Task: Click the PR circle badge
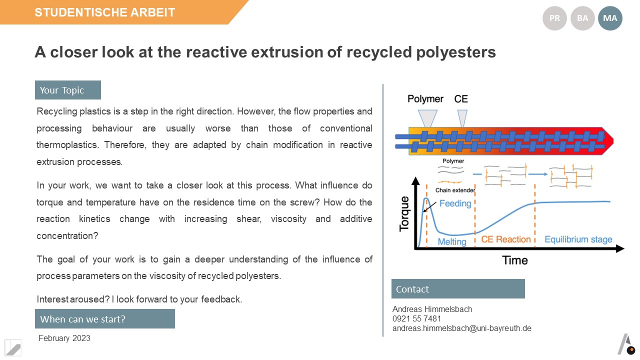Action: (x=554, y=18)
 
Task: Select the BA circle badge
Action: (x=582, y=18)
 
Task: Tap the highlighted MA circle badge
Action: (x=610, y=18)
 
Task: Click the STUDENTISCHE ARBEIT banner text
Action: (x=104, y=12)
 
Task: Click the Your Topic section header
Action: (x=67, y=90)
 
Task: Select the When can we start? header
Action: (x=105, y=318)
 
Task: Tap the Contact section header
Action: (x=458, y=289)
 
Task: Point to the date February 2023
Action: (x=64, y=338)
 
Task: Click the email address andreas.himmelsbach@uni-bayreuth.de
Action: (x=461, y=328)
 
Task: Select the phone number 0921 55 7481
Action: (x=416, y=318)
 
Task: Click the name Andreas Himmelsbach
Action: (x=432, y=309)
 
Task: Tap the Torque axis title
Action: (x=404, y=213)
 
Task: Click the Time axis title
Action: (x=515, y=260)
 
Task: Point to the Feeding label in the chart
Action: (x=455, y=203)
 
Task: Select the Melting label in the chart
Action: (x=451, y=241)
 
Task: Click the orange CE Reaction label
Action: (x=505, y=239)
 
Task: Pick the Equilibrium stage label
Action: (x=578, y=239)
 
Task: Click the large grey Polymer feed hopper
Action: (x=427, y=118)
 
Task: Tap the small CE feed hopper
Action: (x=462, y=118)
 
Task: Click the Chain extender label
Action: (x=455, y=190)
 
